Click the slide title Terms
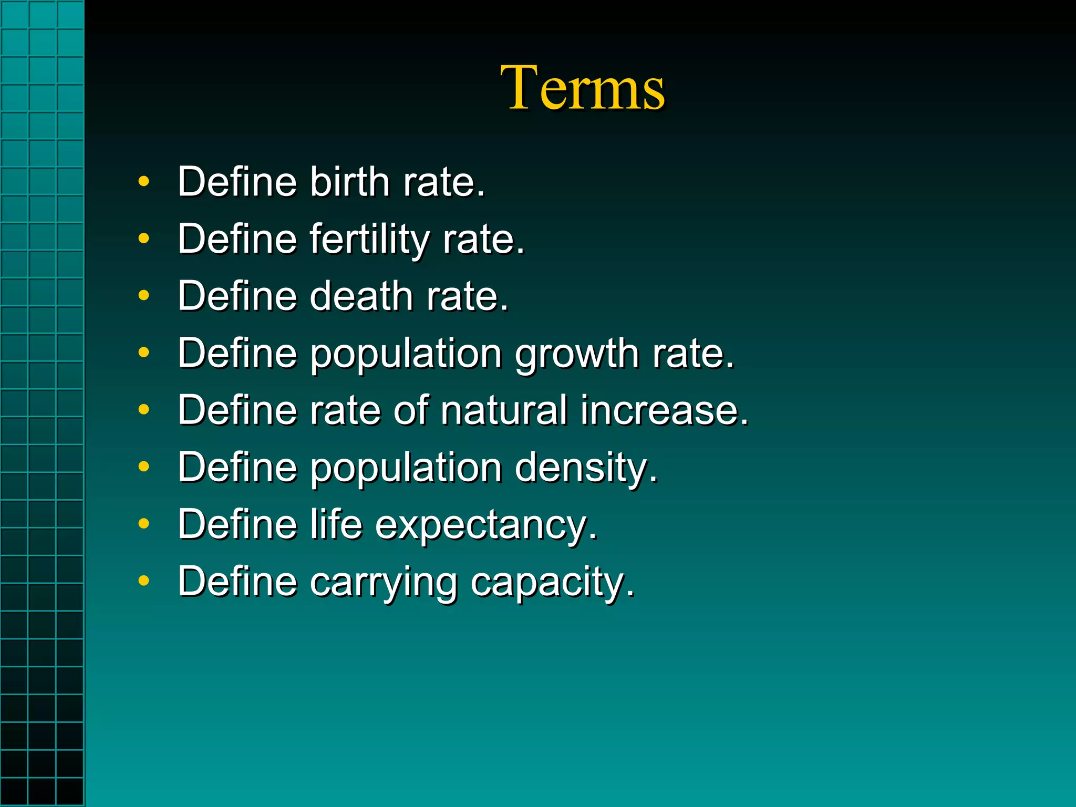tap(582, 88)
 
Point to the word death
tap(361, 296)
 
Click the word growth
tap(576, 354)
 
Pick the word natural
tap(504, 410)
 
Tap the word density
tap(585, 468)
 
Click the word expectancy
tap(486, 525)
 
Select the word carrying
tap(383, 582)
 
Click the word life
tap(336, 524)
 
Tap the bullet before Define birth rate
tap(143, 182)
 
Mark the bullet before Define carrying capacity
tap(143, 581)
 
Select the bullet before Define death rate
tap(143, 296)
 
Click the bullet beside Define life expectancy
tap(143, 524)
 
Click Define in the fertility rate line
tap(237, 239)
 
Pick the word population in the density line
tap(406, 468)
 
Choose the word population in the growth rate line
tap(406, 354)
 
